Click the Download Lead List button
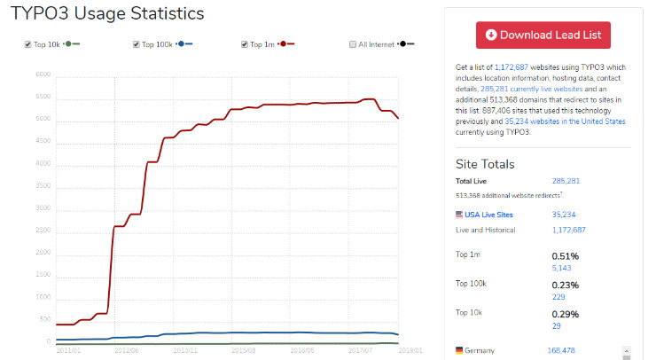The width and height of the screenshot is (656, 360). (543, 35)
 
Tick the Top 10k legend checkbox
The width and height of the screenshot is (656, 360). (27, 43)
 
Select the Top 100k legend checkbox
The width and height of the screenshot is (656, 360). (136, 43)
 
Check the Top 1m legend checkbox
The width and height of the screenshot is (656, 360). (245, 43)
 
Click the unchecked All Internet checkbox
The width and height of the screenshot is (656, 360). (353, 43)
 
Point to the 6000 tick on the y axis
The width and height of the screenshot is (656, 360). (43, 74)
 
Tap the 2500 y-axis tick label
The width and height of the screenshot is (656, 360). (43, 231)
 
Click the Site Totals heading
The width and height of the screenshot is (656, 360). (485, 164)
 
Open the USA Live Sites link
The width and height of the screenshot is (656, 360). (488, 214)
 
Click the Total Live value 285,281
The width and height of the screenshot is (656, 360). (567, 180)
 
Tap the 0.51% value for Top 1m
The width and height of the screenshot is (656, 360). (566, 256)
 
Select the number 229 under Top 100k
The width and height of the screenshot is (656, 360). (558, 297)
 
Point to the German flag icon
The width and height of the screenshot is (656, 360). (459, 350)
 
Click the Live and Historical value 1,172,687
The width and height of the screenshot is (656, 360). (568, 230)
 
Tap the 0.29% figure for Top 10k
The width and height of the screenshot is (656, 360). (566, 314)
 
